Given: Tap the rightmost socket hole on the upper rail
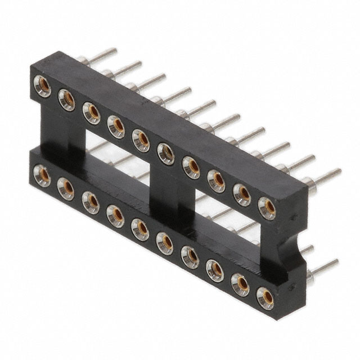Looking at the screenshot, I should [267, 207].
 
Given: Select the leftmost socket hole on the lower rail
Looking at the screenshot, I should [40, 174].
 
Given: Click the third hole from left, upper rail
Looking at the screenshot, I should [91, 112].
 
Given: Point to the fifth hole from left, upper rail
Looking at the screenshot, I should [141, 139].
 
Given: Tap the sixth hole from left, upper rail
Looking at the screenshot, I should [166, 153].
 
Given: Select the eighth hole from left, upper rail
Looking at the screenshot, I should [217, 180].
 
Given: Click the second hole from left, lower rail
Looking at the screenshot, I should [66, 188].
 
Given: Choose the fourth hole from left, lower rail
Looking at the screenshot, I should [115, 214].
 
